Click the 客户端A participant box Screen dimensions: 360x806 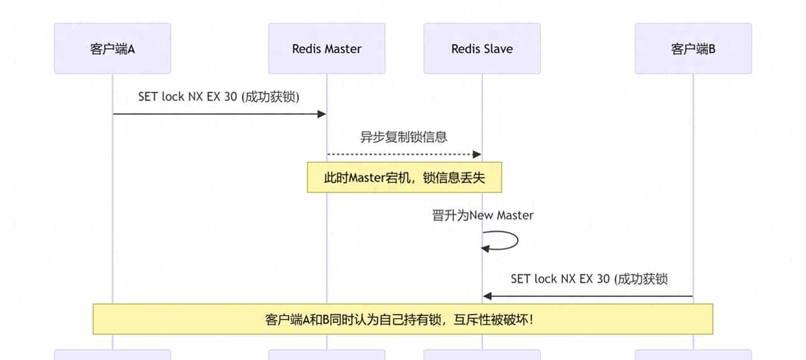pyautogui.click(x=112, y=48)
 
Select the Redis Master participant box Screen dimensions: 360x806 pyautogui.click(x=326, y=48)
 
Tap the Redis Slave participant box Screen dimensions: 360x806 pyautogui.click(x=482, y=48)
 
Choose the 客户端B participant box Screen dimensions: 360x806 pyautogui.click(x=693, y=48)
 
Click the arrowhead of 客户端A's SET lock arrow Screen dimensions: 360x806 pyautogui.click(x=322, y=114)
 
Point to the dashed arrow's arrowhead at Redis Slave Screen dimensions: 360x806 pyautogui.click(x=477, y=154)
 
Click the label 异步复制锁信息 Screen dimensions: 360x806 pyautogui.click(x=404, y=137)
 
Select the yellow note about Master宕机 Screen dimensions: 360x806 pyautogui.click(x=404, y=177)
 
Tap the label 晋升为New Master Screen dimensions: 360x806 pyautogui.click(x=482, y=215)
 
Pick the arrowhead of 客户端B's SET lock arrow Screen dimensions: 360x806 pyautogui.click(x=487, y=296)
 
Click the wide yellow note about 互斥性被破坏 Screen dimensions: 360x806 pyautogui.click(x=403, y=319)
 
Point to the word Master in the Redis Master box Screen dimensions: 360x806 pyautogui.click(x=343, y=48)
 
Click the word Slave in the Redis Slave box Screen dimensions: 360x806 pyautogui.click(x=498, y=48)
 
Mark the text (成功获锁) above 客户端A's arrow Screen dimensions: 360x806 pyautogui.click(x=275, y=96)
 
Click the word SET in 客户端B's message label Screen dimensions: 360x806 pyautogui.click(x=520, y=278)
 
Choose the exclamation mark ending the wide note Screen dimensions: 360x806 pyautogui.click(x=532, y=319)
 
